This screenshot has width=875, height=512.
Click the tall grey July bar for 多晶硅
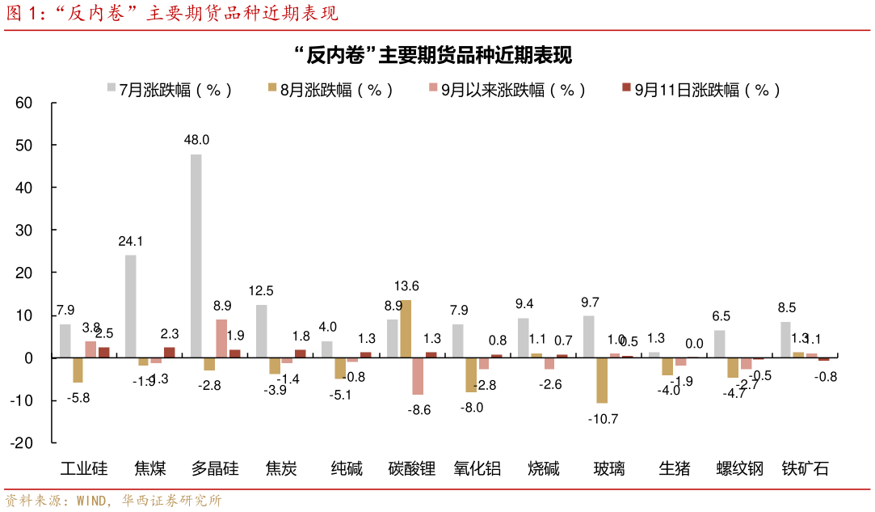pyautogui.click(x=196, y=255)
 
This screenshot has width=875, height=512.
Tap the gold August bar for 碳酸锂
pyautogui.click(x=406, y=328)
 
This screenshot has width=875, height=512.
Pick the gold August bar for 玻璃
pyautogui.click(x=602, y=379)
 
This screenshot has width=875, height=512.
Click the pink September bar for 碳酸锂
pyautogui.click(x=418, y=375)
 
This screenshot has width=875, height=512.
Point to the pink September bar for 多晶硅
pyautogui.click(x=221, y=338)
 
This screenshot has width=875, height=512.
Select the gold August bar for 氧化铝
pyautogui.click(x=471, y=374)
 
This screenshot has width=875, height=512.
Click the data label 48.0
pyautogui.click(x=196, y=139)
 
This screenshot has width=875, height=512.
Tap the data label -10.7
pyautogui.click(x=602, y=418)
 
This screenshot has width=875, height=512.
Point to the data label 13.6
pyautogui.click(x=406, y=286)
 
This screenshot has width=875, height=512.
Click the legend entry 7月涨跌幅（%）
pyautogui.click(x=169, y=90)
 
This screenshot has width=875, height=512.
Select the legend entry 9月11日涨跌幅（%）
pyautogui.click(x=700, y=90)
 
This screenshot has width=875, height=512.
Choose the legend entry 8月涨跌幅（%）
pyautogui.click(x=330, y=90)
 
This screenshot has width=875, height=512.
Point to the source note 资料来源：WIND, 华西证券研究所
pyautogui.click(x=114, y=501)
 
